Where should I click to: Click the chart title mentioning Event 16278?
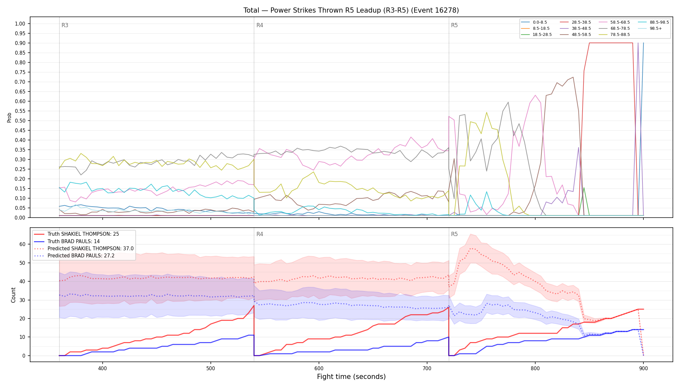pyautogui.click(x=351, y=10)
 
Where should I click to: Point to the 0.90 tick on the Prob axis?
pyautogui.click(x=20, y=43)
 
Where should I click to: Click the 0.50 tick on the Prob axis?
pyautogui.click(x=20, y=121)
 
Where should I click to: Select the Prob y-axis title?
pyautogui.click(x=9, y=117)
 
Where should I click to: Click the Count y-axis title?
pyautogui.click(x=13, y=295)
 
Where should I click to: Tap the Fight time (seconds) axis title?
pyautogui.click(x=351, y=377)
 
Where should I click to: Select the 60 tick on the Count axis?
pyautogui.click(x=22, y=244)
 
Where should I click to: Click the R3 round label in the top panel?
pyautogui.click(x=65, y=25)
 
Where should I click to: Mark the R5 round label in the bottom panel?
pyautogui.click(x=454, y=234)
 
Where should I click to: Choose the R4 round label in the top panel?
pyautogui.click(x=260, y=25)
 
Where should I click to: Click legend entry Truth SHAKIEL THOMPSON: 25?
pyautogui.click(x=83, y=234)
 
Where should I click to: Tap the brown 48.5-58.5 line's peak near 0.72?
pyautogui.click(x=573, y=77)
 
